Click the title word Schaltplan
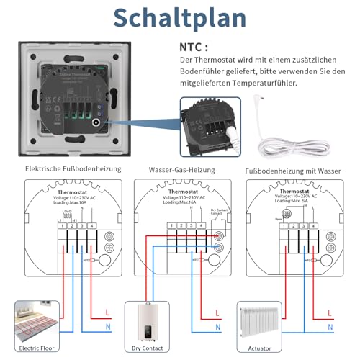coord(180,19)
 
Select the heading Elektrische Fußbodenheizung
coord(73,170)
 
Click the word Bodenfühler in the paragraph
coord(204,73)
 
